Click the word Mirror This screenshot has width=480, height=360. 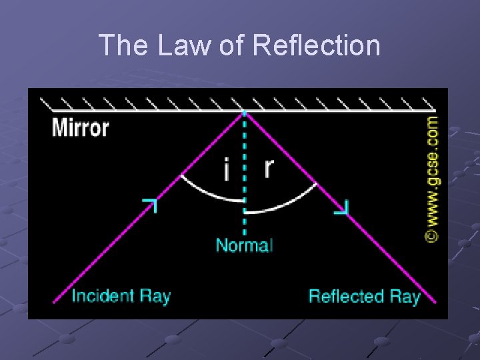pyautogui.click(x=80, y=127)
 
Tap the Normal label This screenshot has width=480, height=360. pyautogui.click(x=244, y=245)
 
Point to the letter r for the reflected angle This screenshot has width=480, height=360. pyautogui.click(x=268, y=167)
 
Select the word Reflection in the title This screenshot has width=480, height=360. pyautogui.click(x=317, y=45)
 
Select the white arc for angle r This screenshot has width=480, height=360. pyautogui.click(x=283, y=203)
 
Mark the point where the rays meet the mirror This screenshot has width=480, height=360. pyautogui.click(x=244, y=111)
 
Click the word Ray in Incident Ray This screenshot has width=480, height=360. pyautogui.click(x=155, y=296)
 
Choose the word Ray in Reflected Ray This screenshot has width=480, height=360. pyautogui.click(x=405, y=296)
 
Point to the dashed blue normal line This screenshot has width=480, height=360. pyautogui.click(x=245, y=160)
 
